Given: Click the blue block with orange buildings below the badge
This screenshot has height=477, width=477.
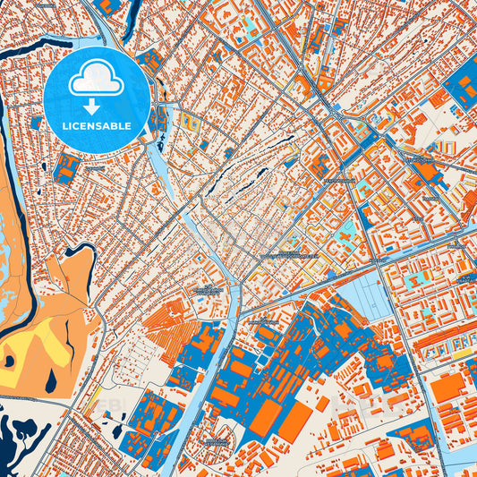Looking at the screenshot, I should [x=66, y=166].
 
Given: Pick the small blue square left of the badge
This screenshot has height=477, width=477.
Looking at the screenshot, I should [x=36, y=122].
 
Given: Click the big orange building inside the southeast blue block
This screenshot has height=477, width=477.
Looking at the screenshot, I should [x=448, y=388].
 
